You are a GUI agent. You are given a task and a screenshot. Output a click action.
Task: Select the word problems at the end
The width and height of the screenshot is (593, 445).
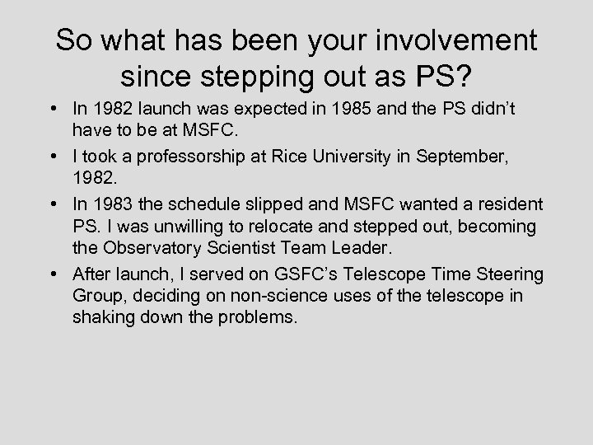[x=256, y=317]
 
